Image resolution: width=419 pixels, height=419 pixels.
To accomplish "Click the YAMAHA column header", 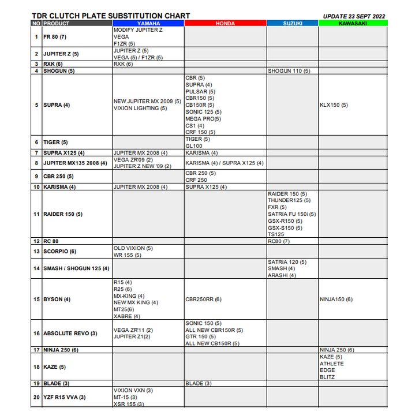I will click(x=148, y=24).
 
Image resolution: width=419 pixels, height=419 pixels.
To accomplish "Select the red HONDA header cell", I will click(x=225, y=24).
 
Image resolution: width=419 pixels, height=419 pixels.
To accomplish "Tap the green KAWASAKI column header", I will click(x=353, y=24).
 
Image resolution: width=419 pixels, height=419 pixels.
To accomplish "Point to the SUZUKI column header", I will click(x=292, y=24).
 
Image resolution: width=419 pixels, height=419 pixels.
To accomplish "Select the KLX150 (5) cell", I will click(x=334, y=105).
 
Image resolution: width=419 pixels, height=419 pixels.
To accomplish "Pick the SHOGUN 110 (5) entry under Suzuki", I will click(x=289, y=71).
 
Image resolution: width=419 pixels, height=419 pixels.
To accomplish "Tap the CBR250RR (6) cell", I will click(x=203, y=300).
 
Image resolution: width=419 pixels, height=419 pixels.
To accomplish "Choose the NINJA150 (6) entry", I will click(x=336, y=300).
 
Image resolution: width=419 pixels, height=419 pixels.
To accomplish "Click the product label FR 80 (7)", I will click(x=55, y=37).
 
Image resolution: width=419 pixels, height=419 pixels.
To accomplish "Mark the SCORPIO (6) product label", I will click(x=59, y=252).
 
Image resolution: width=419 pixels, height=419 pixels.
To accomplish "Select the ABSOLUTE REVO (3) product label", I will click(x=70, y=334).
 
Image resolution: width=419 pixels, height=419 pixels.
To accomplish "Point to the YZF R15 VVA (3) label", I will click(x=64, y=397).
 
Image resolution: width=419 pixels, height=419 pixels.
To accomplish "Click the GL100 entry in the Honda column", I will click(x=193, y=146).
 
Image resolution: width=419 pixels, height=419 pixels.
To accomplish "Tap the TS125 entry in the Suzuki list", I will click(x=276, y=234).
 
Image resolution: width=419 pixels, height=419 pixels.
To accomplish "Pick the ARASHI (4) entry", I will click(x=282, y=275).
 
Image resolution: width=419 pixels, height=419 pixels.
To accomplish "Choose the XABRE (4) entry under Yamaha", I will click(x=126, y=316).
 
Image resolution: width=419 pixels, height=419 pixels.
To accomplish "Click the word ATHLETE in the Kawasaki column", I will click(x=331, y=364).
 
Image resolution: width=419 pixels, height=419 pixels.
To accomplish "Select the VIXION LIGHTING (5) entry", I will click(x=140, y=109).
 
